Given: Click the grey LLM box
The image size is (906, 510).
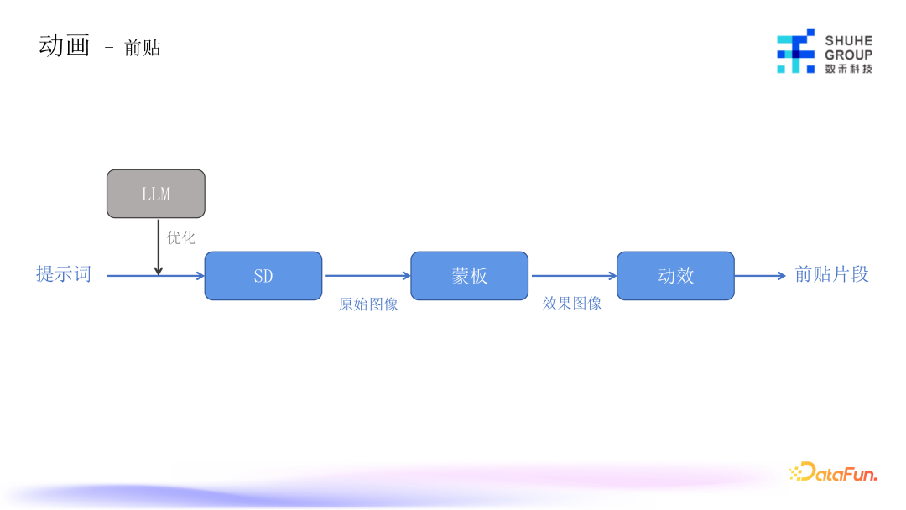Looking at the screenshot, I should tap(156, 194).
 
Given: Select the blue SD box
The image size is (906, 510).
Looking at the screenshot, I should tap(263, 276).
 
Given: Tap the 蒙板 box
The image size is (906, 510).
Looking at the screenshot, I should tap(470, 276).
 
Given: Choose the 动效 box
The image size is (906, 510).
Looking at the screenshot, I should tap(675, 276).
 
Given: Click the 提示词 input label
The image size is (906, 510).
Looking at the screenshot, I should tap(64, 274).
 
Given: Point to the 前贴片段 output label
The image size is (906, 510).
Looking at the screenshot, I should tap(831, 274).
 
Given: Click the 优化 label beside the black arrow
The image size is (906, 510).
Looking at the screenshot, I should tap(181, 237).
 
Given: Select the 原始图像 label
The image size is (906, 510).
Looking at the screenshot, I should tap(368, 304).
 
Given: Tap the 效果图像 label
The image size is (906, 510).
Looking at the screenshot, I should tap(572, 304).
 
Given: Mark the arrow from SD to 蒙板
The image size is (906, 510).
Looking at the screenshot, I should tap(367, 275).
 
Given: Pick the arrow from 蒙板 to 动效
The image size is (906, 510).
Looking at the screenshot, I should tap(573, 275).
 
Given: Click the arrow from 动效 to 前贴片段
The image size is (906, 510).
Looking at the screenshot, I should tap(760, 275).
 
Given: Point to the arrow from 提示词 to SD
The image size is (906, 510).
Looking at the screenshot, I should tap(134, 275).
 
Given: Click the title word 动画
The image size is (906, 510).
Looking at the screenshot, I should tap(65, 45).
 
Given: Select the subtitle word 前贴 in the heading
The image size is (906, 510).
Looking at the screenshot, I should tap(142, 49).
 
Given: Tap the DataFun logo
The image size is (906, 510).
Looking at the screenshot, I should tap(833, 473).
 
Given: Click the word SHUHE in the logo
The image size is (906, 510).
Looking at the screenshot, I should tap(848, 40).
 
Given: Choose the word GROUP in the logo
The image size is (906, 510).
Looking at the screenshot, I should tap(848, 55).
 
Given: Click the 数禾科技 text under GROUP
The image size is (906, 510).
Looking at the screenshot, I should tap(848, 68).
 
